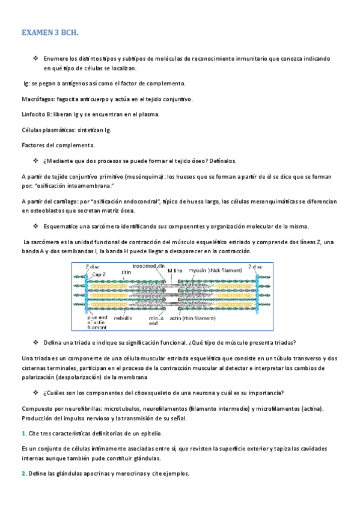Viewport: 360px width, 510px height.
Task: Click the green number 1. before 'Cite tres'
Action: (x=23, y=433)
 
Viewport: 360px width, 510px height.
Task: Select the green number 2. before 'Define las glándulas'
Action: (x=23, y=473)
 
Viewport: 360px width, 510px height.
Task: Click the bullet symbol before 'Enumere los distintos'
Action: (x=35, y=58)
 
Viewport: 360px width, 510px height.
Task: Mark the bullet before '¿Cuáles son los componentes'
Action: (x=35, y=393)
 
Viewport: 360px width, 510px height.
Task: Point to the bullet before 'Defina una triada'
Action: (x=35, y=342)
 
